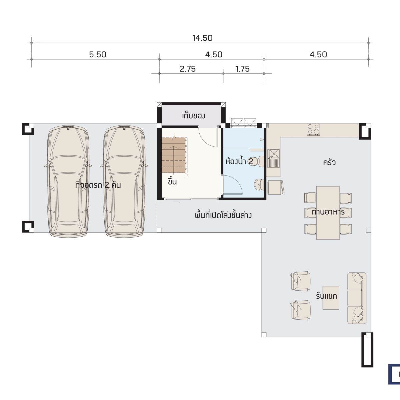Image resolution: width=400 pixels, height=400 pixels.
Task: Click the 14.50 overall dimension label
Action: point(202,38)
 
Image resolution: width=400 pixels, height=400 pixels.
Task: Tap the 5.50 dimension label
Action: point(98,55)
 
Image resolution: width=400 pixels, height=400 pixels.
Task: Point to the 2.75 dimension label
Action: point(188,69)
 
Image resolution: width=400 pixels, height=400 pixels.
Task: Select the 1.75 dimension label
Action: point(242,69)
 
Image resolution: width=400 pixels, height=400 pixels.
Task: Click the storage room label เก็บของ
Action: point(194,116)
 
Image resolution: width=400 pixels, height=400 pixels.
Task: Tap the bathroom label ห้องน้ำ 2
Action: point(239,161)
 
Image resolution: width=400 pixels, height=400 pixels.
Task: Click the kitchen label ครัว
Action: point(329,163)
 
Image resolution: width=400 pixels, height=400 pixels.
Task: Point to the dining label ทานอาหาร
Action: point(328,212)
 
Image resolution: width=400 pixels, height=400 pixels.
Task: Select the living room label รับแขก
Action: point(327,296)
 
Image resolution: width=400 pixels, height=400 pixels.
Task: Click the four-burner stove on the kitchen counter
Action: point(313,130)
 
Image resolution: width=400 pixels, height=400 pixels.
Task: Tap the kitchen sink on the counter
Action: point(274,158)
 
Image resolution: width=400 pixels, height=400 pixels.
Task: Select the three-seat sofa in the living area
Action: point(357,298)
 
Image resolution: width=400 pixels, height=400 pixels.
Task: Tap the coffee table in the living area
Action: point(331,298)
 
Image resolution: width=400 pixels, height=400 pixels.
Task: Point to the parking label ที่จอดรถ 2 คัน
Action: point(98,185)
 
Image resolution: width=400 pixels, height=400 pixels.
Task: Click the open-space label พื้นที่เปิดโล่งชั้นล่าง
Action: point(223,215)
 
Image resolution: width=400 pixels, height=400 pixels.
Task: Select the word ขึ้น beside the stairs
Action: point(172,181)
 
